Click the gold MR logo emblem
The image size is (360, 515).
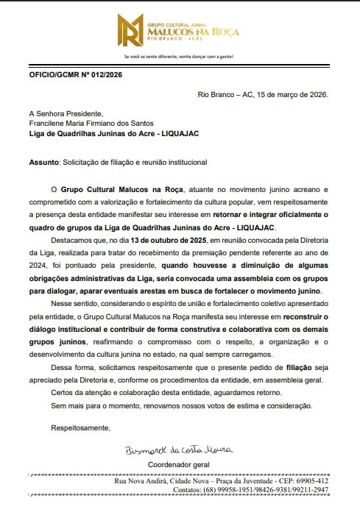click(x=132, y=29)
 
